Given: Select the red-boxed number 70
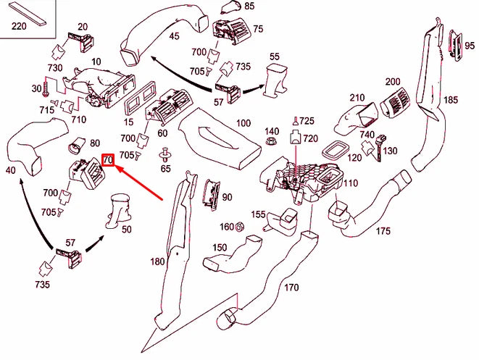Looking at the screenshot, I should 107,159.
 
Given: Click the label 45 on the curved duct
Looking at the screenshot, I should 174,35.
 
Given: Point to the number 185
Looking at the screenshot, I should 451,99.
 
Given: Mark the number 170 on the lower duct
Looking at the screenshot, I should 291,287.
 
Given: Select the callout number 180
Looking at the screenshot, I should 157,261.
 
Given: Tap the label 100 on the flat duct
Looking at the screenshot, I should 243,123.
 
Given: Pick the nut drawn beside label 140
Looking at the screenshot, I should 271,143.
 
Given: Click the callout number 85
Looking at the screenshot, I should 229,7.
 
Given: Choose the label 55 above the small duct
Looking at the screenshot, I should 274,56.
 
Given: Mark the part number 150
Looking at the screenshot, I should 219,248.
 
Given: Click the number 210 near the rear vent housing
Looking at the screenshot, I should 357,98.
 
